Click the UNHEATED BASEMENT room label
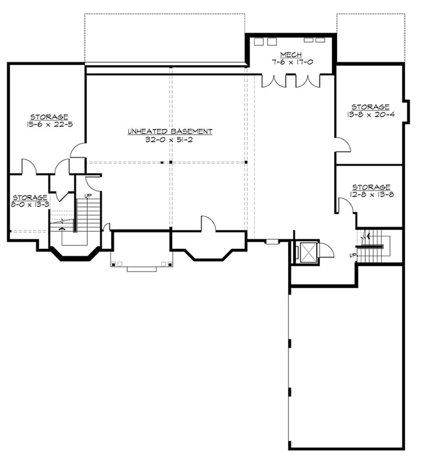170,131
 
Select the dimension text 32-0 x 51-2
170,138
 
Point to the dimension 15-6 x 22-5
49,124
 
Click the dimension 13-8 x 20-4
370,114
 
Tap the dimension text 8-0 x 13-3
30,205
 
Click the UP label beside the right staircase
352,254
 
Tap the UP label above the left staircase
87,195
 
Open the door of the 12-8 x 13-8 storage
345,205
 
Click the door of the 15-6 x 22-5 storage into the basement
78,150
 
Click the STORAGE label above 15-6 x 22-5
49,117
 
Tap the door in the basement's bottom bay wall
208,224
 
